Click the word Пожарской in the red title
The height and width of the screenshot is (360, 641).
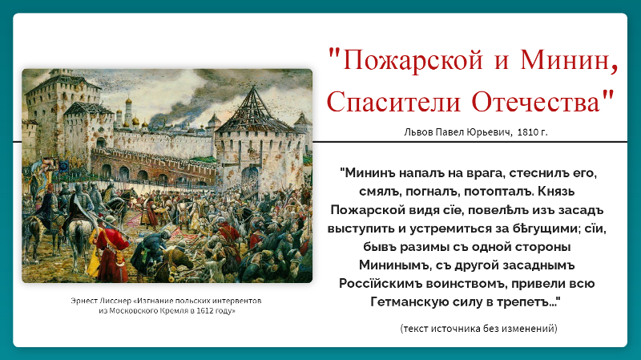(413, 59)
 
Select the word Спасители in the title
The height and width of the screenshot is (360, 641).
(393, 102)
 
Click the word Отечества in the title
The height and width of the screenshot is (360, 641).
(536, 102)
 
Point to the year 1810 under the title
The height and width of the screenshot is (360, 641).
(527, 132)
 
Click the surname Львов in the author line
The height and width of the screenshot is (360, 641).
(418, 132)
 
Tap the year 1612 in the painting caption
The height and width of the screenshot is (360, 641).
(204, 310)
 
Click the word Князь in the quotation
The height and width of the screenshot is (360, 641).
(556, 192)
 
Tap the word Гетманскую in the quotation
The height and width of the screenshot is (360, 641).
(411, 302)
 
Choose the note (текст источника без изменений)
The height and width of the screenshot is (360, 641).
(478, 328)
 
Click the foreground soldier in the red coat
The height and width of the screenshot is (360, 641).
(110, 249)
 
